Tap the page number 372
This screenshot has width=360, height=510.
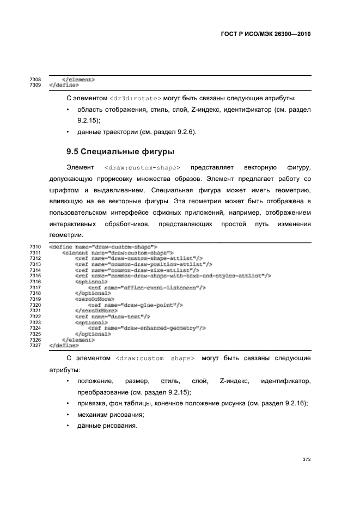point(307,459)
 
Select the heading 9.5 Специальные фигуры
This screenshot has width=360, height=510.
point(119,151)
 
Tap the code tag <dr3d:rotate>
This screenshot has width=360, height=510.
point(135,98)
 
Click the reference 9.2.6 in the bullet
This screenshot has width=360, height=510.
point(184,132)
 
